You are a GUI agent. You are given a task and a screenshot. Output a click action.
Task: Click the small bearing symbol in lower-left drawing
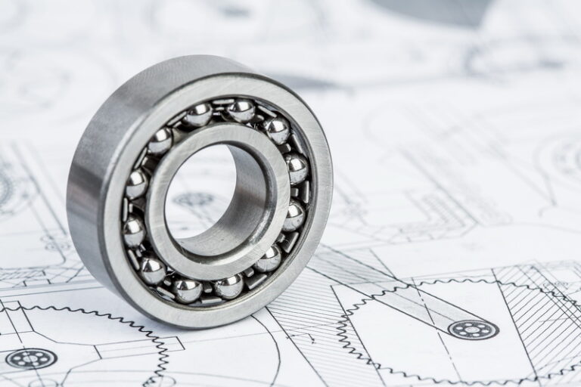tap(30, 358)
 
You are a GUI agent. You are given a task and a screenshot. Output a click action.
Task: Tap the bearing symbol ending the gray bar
tap(473, 329)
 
